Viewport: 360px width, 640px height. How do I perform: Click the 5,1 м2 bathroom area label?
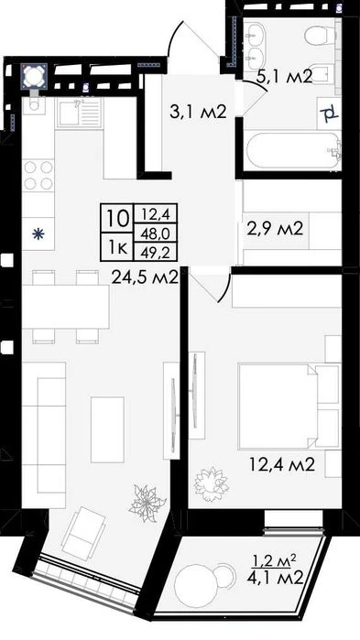click(x=285, y=76)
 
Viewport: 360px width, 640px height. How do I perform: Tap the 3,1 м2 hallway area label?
click(x=198, y=111)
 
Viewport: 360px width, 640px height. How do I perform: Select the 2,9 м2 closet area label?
click(x=275, y=229)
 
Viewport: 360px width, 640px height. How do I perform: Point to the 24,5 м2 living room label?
click(x=146, y=278)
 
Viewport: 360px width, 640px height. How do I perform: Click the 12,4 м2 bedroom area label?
click(x=282, y=464)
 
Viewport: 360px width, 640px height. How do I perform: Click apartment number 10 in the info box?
click(x=116, y=218)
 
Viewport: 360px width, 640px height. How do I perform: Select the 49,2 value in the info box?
click(x=156, y=254)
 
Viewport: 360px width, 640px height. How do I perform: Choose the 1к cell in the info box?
click(x=116, y=248)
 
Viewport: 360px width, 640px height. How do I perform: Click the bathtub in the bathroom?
click(x=293, y=150)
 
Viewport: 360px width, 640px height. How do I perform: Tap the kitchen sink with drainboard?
click(x=79, y=113)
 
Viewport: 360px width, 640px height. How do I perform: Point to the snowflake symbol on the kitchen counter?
click(x=38, y=233)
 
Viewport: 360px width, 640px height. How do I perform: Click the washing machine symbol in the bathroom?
click(x=329, y=113)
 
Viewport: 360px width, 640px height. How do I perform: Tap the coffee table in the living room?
click(x=107, y=429)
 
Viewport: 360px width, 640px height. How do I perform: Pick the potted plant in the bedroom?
click(x=211, y=484)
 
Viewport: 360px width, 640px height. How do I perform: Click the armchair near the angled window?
click(x=83, y=533)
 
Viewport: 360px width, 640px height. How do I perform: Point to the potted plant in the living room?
click(x=147, y=503)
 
